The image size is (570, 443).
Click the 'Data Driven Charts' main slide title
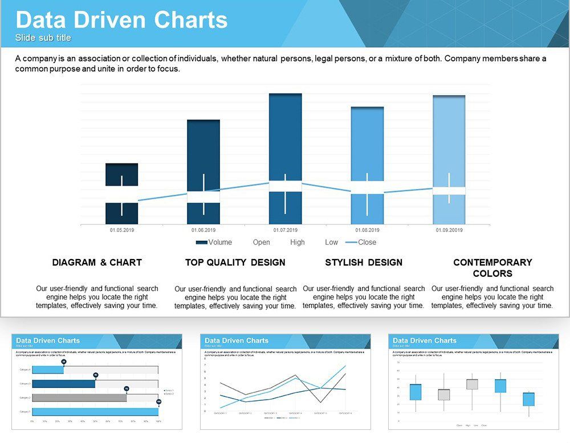(121, 20)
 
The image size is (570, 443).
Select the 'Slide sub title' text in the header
(43, 38)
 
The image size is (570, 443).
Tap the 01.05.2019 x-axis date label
(121, 230)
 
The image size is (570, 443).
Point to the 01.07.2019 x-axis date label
(285, 230)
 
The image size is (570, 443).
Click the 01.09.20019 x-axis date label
(449, 230)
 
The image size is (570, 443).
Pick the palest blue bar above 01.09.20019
(449, 137)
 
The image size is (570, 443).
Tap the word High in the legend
(297, 242)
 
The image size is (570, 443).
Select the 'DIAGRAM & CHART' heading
(97, 262)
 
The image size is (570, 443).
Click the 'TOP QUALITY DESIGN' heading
(235, 262)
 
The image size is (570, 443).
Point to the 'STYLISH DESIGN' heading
(364, 262)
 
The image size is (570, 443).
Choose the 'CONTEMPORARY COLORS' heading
(492, 268)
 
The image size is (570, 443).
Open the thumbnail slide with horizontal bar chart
(97, 381)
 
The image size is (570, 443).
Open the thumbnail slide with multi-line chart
(285, 381)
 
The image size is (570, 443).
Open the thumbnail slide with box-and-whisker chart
(473, 381)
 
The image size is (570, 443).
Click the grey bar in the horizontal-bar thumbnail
(79, 397)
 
